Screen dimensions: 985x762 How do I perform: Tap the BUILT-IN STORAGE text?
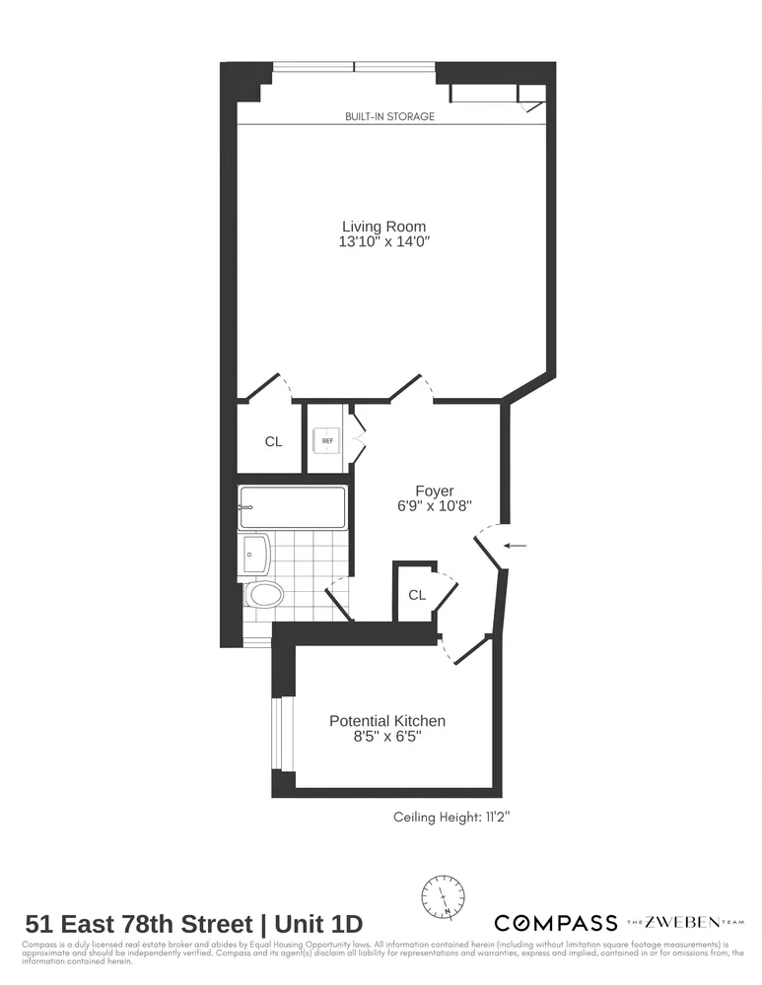389,116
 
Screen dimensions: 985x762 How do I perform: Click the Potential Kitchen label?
386,721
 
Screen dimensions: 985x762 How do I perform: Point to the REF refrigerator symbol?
327,440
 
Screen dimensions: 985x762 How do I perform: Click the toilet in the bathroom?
263,594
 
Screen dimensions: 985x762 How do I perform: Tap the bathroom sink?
253,554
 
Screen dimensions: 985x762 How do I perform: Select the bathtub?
292,507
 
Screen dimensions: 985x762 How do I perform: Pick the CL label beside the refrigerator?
273,442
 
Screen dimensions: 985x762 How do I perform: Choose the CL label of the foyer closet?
417,595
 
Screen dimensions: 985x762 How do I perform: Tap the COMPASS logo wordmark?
555,923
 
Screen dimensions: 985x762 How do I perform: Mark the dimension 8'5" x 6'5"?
386,737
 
